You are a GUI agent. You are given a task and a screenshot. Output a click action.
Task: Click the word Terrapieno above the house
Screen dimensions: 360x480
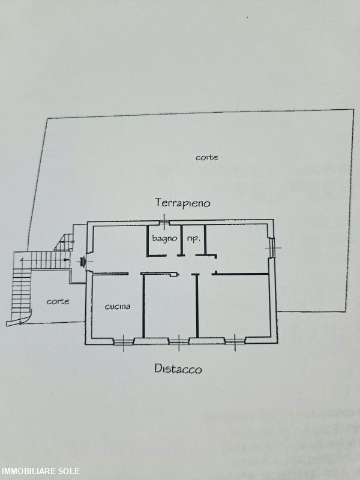[x=183, y=203]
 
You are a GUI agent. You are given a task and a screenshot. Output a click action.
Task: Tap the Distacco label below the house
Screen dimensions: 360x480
[x=178, y=368]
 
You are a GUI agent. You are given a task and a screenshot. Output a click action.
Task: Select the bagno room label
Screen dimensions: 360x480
[x=164, y=238]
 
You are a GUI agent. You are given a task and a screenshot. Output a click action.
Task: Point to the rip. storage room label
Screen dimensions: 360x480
[x=193, y=238]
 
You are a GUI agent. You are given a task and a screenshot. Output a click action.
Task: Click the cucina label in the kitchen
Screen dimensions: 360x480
[x=118, y=306]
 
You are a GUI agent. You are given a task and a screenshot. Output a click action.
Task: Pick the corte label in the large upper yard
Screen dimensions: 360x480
[x=207, y=157]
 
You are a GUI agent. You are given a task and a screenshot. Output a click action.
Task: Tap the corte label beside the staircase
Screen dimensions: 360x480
[x=58, y=302]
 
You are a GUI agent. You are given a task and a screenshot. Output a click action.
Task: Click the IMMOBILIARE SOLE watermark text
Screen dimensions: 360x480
[x=40, y=471]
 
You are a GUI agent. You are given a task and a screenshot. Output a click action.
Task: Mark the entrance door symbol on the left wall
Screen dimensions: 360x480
[x=83, y=262]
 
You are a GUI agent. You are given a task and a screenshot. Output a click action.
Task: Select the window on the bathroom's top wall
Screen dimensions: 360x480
[x=164, y=221]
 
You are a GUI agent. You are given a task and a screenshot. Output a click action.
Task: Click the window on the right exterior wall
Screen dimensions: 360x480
[x=272, y=248]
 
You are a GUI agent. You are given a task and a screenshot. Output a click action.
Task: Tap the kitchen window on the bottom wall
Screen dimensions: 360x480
[x=124, y=342]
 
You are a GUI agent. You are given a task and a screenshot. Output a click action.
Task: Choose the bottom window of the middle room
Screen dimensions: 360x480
[x=179, y=341]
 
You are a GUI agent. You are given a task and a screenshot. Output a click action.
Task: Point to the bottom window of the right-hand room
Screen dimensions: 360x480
[x=235, y=341]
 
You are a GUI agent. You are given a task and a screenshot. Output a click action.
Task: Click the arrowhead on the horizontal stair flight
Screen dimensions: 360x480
[x=67, y=260]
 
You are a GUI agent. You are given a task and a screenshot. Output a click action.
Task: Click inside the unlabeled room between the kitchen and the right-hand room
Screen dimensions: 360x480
[x=170, y=306]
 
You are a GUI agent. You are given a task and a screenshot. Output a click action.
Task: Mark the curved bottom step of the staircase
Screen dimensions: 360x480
[x=19, y=319]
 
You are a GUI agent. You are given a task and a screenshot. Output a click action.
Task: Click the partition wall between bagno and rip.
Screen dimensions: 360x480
[x=182, y=240]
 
